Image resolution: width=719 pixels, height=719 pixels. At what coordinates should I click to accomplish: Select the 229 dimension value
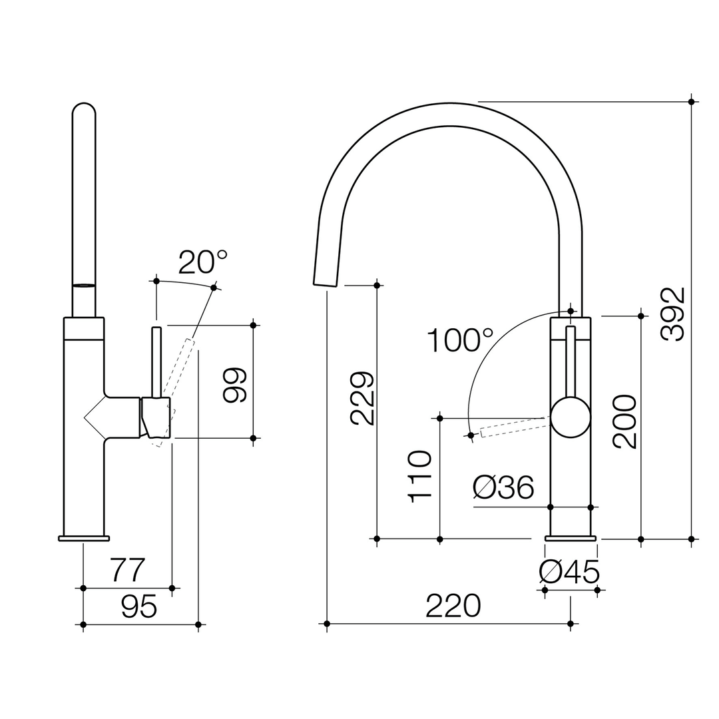click(x=363, y=398)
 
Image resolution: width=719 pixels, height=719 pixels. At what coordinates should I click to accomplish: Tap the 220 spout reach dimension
click(x=453, y=606)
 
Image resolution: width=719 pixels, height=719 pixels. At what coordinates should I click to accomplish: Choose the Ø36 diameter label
click(x=503, y=488)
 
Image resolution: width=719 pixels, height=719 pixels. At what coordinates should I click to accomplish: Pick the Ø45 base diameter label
click(x=569, y=572)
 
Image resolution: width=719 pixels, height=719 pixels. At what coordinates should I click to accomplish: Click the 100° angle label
click(x=459, y=341)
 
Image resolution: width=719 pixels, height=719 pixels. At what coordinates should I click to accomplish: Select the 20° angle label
click(x=202, y=262)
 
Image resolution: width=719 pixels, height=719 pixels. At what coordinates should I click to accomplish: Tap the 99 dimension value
click(x=235, y=385)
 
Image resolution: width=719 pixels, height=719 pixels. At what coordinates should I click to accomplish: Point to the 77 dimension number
click(x=127, y=571)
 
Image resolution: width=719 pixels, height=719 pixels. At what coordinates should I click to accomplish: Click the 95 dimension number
click(x=139, y=606)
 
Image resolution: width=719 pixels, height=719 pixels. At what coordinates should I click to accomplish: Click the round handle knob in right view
click(x=571, y=417)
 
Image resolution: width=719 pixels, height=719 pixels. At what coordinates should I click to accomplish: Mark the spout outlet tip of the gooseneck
click(x=325, y=284)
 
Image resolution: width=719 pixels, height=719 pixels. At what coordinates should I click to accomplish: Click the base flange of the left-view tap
click(x=84, y=538)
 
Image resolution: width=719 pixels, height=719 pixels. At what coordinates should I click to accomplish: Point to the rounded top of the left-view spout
click(x=84, y=110)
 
